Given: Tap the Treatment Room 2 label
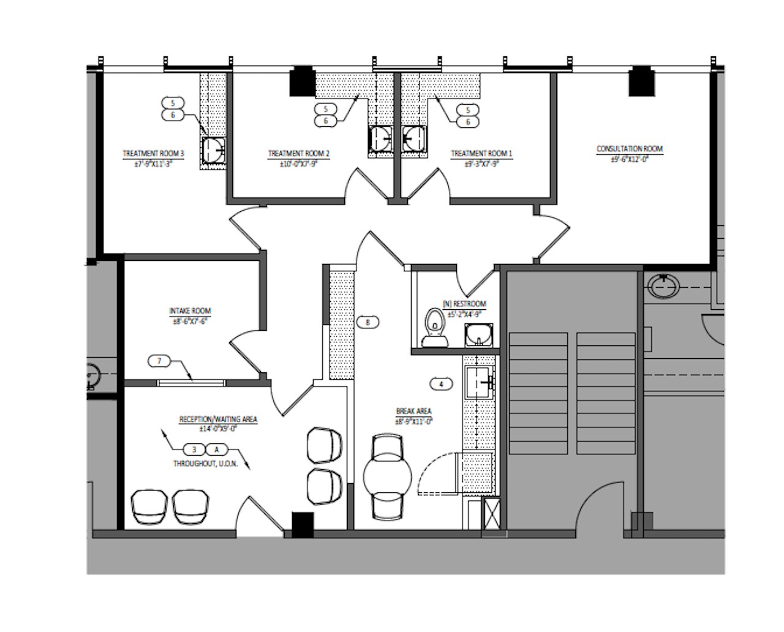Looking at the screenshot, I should pyautogui.click(x=299, y=154).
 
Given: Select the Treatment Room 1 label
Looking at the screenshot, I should pyautogui.click(x=481, y=154).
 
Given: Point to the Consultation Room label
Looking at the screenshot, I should pyautogui.click(x=630, y=149).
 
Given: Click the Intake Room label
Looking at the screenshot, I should pyautogui.click(x=190, y=311).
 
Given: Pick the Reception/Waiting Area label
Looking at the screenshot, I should pyautogui.click(x=218, y=419).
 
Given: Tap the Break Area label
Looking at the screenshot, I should pyautogui.click(x=414, y=412).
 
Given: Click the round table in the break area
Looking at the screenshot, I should pyautogui.click(x=388, y=475).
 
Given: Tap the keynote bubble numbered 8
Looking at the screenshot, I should pyautogui.click(x=367, y=322).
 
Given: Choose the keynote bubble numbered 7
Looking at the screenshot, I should pyautogui.click(x=160, y=361).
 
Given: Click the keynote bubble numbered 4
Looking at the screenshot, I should pyautogui.click(x=441, y=385).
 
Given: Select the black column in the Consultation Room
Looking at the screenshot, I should pyautogui.click(x=641, y=83).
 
